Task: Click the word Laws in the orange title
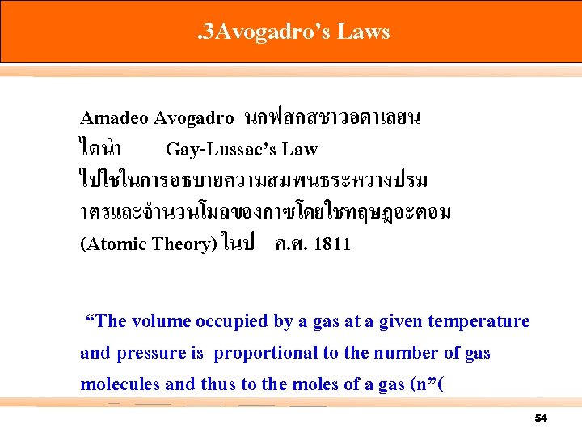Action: (364, 32)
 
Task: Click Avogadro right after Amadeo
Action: (193, 117)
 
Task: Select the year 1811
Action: (331, 244)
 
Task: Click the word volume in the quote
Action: (159, 321)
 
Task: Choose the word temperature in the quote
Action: (480, 321)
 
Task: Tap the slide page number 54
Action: (541, 418)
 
